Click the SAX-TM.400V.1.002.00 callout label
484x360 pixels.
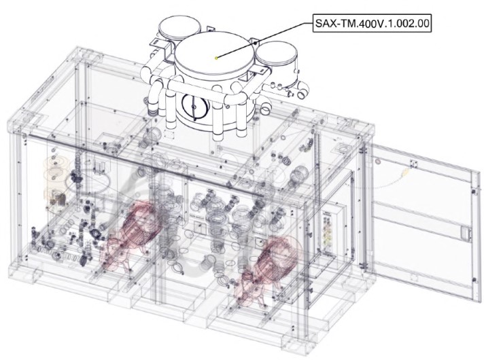click(372, 23)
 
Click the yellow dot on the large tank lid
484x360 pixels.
click(216, 57)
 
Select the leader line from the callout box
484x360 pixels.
click(264, 40)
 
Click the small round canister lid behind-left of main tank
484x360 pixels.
click(180, 29)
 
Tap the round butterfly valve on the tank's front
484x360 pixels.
click(194, 107)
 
